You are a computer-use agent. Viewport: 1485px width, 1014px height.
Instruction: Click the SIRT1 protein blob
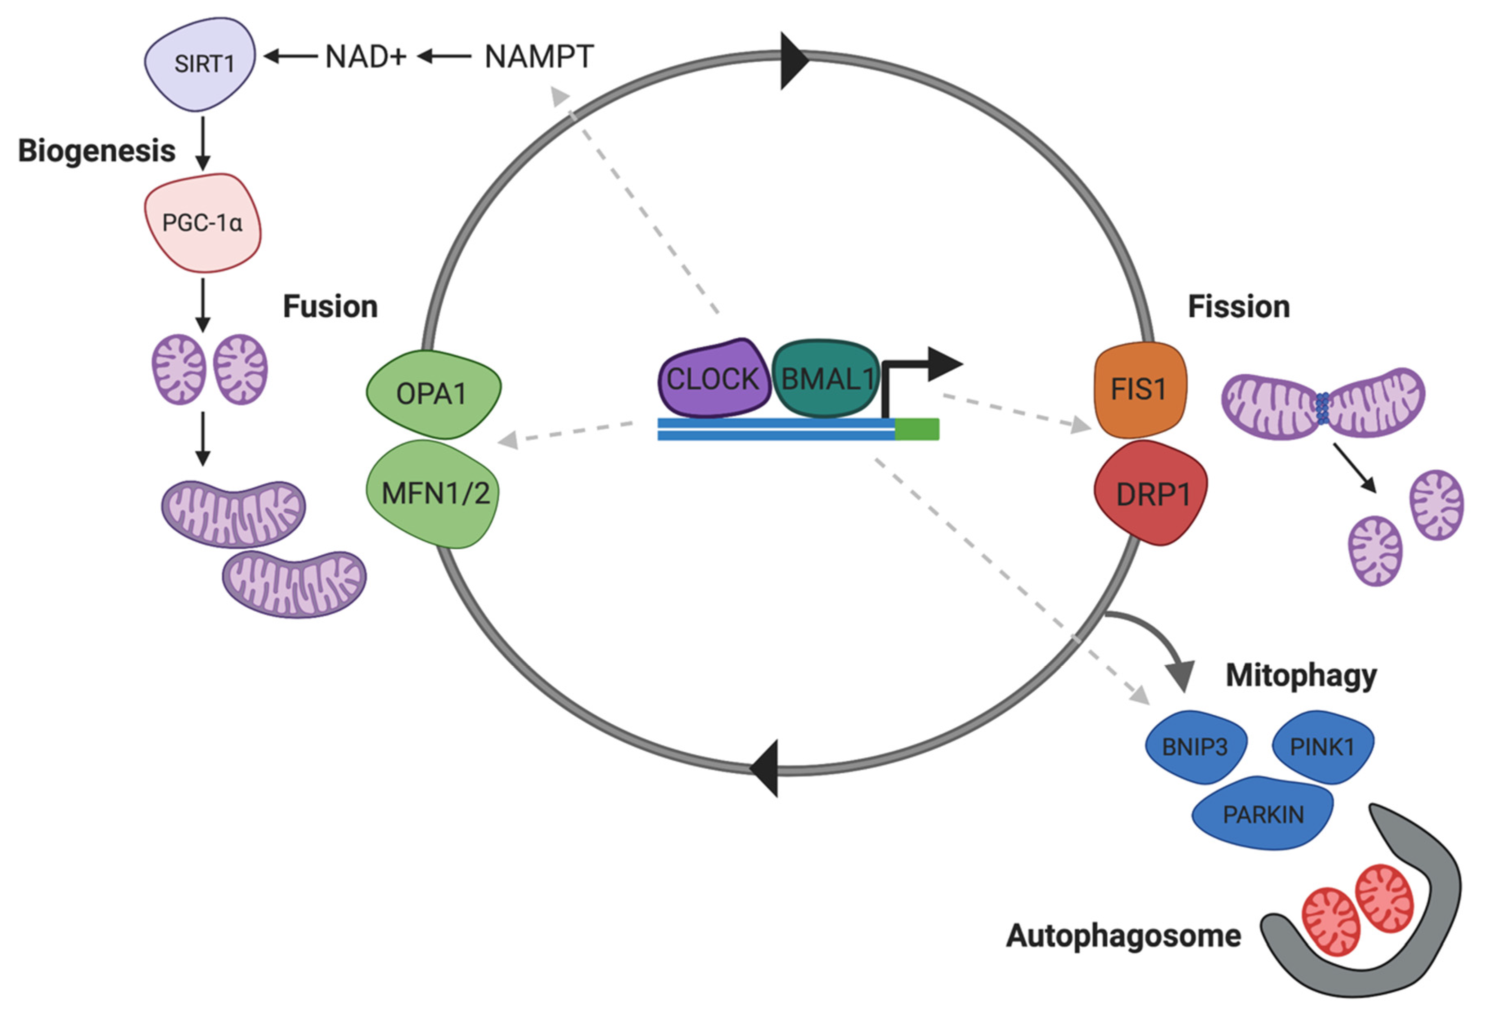[200, 63]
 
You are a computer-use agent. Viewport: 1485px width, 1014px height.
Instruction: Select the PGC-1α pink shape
[202, 223]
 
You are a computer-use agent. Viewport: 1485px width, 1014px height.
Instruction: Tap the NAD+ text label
[366, 57]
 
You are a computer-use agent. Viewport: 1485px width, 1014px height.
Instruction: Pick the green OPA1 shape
[433, 394]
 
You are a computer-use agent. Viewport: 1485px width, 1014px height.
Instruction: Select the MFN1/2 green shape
[433, 493]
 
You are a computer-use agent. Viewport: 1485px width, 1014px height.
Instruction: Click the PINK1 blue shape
[1323, 746]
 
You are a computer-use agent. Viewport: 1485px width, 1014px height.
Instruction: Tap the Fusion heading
[330, 307]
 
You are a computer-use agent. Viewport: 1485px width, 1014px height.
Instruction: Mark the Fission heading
[1239, 307]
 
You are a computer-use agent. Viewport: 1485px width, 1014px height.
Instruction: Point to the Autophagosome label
[1123, 937]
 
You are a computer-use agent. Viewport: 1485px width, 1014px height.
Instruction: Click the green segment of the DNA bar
[917, 429]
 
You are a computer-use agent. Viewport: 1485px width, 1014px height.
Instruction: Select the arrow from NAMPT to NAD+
[445, 57]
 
